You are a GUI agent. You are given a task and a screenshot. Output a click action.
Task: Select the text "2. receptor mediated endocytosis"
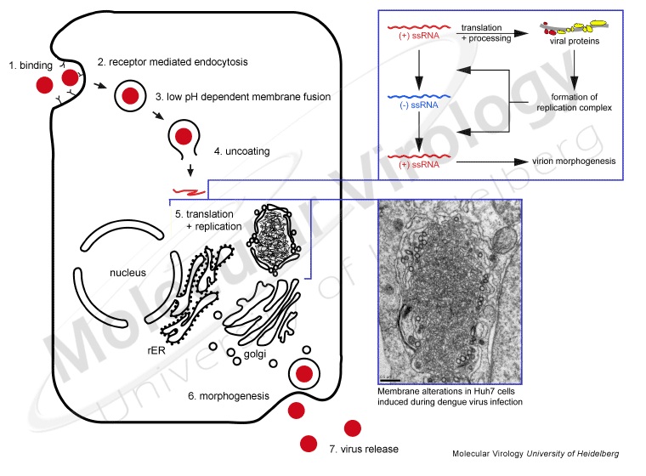169,62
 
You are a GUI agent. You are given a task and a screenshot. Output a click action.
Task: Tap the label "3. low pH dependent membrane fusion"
243,98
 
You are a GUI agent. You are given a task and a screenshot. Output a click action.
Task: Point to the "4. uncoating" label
241,151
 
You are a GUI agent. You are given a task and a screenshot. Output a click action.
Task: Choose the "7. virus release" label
363,449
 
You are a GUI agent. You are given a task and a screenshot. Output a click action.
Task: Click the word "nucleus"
128,273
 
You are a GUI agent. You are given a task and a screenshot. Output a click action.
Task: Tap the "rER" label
156,348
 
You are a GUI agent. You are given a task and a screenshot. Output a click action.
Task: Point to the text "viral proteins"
573,39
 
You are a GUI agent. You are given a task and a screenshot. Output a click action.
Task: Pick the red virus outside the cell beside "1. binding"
44,86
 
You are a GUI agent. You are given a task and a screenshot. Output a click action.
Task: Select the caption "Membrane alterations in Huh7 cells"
450,392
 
